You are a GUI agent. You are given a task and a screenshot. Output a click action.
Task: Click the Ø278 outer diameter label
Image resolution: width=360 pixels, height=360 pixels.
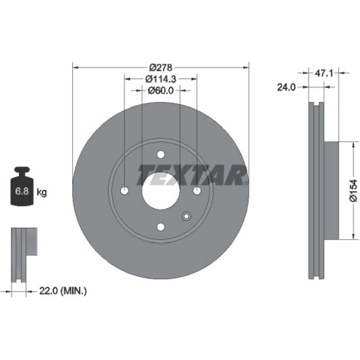point(161,68)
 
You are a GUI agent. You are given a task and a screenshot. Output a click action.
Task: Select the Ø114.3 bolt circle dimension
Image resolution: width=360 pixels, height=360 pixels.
point(161,79)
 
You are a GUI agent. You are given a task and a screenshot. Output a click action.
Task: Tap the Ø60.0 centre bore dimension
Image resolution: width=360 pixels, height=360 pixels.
point(161,90)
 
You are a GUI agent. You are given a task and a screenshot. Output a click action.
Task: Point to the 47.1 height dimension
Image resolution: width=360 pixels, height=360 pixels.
point(324,73)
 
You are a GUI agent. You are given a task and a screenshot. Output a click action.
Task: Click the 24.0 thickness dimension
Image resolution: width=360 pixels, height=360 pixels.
point(286,87)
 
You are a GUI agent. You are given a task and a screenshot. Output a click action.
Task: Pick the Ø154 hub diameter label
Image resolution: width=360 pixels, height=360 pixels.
point(354,191)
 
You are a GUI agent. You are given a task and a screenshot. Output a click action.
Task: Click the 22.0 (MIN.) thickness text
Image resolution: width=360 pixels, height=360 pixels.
point(63,291)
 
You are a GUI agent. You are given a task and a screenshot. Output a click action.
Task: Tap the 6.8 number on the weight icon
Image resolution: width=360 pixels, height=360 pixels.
point(22,191)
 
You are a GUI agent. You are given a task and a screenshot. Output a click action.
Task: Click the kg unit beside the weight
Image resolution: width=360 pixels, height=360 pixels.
point(41,192)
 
